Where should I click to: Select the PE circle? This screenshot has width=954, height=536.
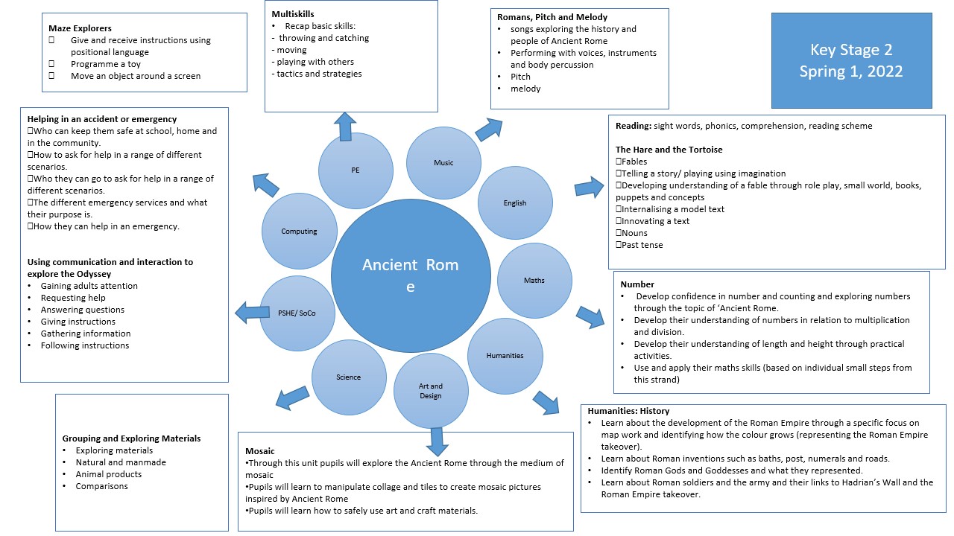(356, 170)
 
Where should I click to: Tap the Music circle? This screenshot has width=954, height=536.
(443, 163)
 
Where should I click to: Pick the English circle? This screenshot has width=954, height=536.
(515, 202)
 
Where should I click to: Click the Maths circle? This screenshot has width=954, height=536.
(534, 281)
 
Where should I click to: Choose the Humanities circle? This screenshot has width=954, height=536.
(505, 356)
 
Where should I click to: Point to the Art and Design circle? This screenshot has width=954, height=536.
(431, 391)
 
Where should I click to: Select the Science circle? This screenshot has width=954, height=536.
(348, 377)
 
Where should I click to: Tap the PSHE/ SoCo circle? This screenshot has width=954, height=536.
(297, 313)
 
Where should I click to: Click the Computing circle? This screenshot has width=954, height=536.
(299, 232)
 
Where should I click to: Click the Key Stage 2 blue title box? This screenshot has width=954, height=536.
(851, 60)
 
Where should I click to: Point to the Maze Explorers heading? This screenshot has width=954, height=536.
(80, 28)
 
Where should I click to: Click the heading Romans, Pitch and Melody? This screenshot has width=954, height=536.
(552, 17)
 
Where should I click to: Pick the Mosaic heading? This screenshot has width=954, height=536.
(260, 451)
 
